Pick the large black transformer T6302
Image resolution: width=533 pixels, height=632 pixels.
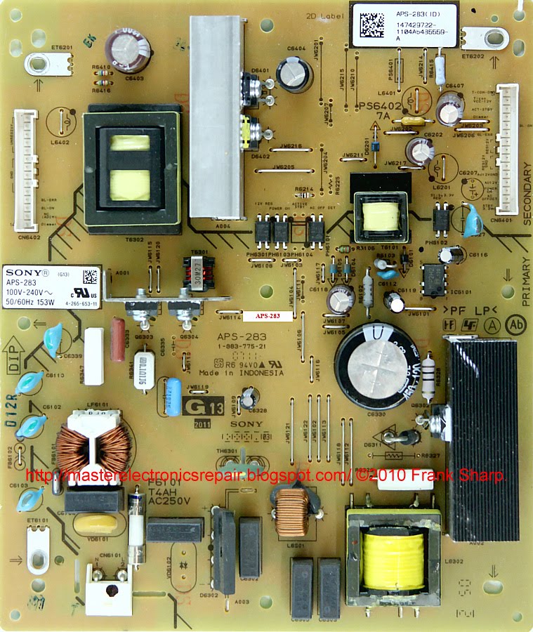[x=130, y=169]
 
